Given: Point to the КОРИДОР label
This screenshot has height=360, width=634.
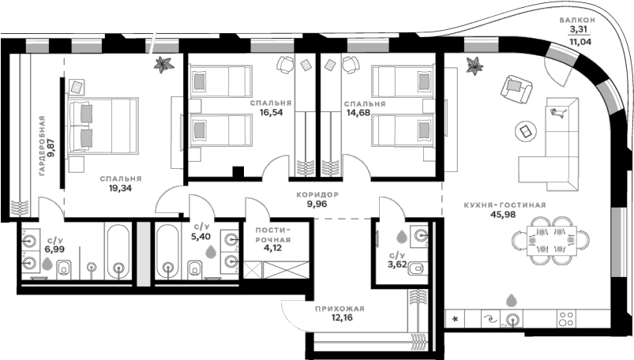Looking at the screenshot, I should click(317, 193).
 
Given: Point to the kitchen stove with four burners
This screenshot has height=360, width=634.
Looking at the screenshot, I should click(566, 319).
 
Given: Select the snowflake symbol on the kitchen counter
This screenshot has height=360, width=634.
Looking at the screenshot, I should click(456, 319).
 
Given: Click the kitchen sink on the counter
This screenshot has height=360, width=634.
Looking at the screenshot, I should click(514, 319).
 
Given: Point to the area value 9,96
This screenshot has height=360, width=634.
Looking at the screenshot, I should click(317, 204).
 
